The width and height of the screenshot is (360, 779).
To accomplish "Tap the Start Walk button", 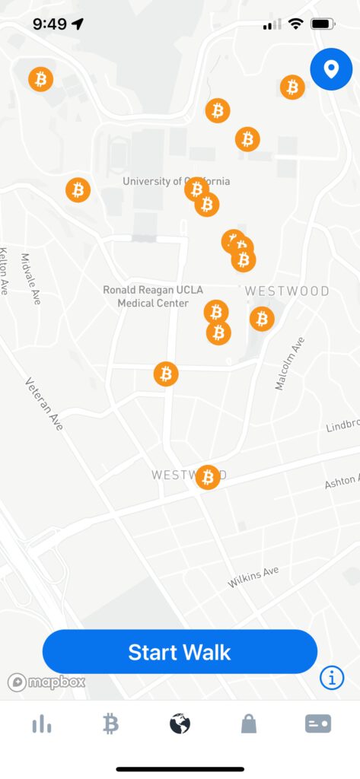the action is pyautogui.click(x=180, y=652).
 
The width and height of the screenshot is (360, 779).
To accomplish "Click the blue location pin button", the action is pyautogui.click(x=330, y=70).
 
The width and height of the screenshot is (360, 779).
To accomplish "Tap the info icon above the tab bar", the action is pyautogui.click(x=332, y=677).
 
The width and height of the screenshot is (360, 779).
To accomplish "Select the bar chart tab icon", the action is pyautogui.click(x=42, y=725).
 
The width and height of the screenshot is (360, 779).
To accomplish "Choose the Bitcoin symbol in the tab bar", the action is pyautogui.click(x=111, y=725).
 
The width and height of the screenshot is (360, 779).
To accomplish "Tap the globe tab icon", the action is pyautogui.click(x=180, y=725).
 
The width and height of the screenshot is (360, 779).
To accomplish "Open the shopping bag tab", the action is pyautogui.click(x=249, y=725).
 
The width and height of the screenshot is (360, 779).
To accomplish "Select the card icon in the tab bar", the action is pyautogui.click(x=318, y=725).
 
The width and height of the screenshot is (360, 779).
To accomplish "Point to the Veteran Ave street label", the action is pyautogui.click(x=44, y=404).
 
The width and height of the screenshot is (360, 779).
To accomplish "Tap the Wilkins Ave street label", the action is pyautogui.click(x=253, y=577).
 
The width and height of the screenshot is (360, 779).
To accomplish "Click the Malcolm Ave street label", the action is pyautogui.click(x=289, y=364).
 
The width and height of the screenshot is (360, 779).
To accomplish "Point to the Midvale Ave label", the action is pyautogui.click(x=30, y=279).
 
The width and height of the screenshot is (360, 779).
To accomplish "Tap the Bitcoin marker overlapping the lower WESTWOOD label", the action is pyautogui.click(x=207, y=477).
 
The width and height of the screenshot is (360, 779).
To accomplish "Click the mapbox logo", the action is pyautogui.click(x=46, y=682).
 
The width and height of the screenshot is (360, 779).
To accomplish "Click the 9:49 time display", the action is pyautogui.click(x=50, y=24).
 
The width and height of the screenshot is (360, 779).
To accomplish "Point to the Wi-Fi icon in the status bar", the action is pyautogui.click(x=295, y=24).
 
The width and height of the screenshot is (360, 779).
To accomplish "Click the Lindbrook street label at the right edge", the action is pyautogui.click(x=343, y=426).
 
